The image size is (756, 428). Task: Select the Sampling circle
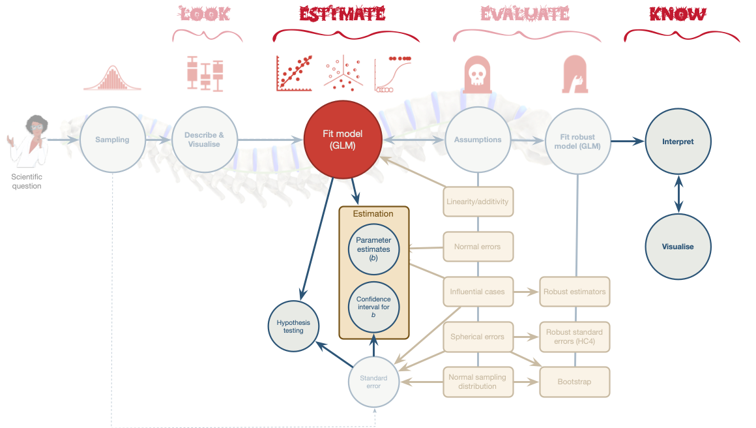112,140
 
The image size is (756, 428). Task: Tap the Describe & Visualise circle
204,140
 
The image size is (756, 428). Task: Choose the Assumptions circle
478,140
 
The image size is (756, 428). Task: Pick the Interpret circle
678,142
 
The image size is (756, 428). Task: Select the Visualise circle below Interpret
678,247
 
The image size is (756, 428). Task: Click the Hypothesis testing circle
294,326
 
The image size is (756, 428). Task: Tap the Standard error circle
373,382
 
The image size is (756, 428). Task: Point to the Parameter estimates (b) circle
373,249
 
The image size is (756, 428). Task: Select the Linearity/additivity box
478,202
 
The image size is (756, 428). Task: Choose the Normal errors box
478,247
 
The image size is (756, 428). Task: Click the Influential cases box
478,292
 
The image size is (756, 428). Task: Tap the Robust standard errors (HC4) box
574,337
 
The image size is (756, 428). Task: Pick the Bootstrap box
574,382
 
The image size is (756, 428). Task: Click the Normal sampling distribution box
478,382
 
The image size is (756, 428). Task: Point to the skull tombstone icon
478,73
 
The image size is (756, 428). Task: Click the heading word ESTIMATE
342,14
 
